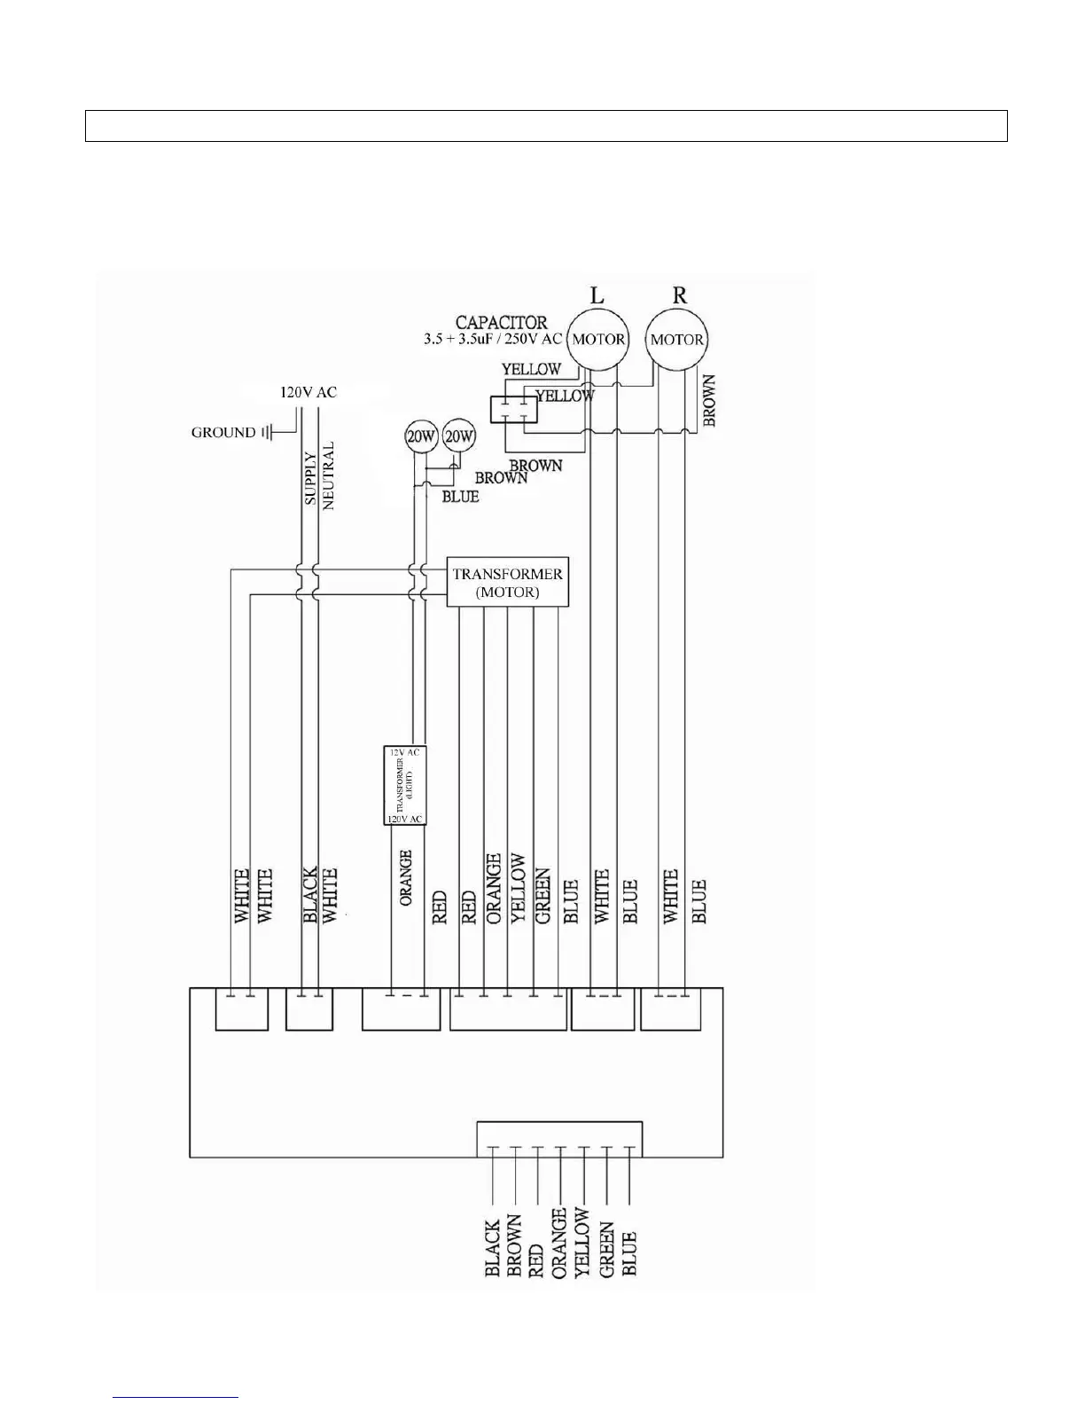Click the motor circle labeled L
(x=597, y=339)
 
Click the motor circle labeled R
(x=676, y=339)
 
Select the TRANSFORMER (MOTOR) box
(x=507, y=583)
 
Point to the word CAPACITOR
(x=501, y=322)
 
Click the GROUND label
(x=222, y=433)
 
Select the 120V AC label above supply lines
(x=308, y=392)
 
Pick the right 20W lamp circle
(x=459, y=436)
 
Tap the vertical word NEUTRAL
(x=329, y=475)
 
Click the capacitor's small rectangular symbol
(x=513, y=409)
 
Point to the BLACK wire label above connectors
(x=310, y=896)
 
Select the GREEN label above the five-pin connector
(x=543, y=896)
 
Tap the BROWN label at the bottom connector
(x=514, y=1246)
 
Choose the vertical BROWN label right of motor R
(x=709, y=401)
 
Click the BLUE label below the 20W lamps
(x=460, y=497)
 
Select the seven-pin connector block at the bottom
(x=559, y=1139)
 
